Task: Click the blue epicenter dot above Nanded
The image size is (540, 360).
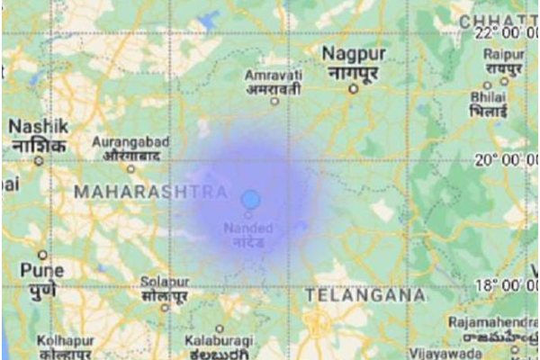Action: coord(251,198)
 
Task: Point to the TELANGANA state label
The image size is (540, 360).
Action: coord(364,294)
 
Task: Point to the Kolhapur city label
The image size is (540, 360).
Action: coord(66,346)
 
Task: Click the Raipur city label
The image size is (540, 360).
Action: coord(501,60)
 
